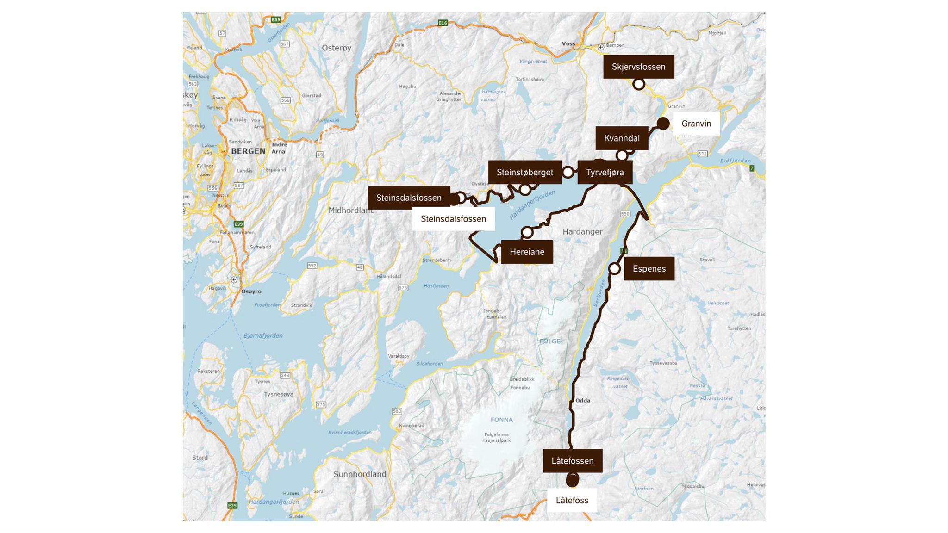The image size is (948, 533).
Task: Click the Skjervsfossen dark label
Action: pos(638,67)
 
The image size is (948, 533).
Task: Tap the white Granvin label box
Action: pos(696,124)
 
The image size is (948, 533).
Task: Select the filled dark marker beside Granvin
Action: pos(663,124)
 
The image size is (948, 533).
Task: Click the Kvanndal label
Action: pos(622,138)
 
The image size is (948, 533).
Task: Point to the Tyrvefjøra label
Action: pos(605,173)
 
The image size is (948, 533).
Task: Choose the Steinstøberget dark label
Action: pos(524,173)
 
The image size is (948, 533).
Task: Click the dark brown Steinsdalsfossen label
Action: pos(408,198)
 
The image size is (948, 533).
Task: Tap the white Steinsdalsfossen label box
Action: pos(453,219)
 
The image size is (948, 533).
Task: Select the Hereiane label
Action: pos(527,252)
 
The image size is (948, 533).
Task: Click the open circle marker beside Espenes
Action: pos(614,268)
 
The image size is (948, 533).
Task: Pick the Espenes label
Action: pos(649,269)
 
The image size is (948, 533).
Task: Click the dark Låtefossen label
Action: pos(572,461)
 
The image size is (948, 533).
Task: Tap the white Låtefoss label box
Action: pos(572,500)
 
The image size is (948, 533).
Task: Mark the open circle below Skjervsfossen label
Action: pos(639,84)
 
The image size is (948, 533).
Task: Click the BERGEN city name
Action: pos(248,151)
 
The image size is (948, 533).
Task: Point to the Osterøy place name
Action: pos(337,48)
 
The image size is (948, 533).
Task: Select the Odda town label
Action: pos(582,401)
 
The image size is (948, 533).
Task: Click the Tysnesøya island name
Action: pos(279,394)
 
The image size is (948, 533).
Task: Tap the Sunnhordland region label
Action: pos(359,474)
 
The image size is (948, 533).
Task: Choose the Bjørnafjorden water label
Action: pos(263,335)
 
